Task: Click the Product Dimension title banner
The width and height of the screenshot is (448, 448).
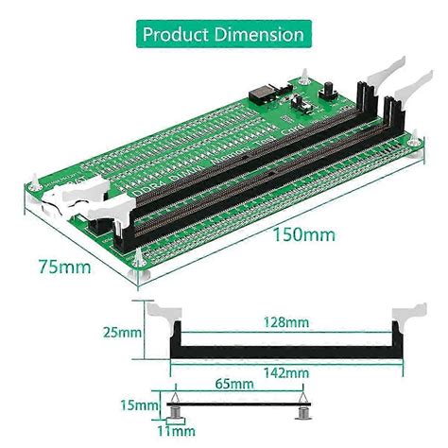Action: pyautogui.click(x=223, y=34)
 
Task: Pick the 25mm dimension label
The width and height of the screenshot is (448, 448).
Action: pyautogui.click(x=124, y=333)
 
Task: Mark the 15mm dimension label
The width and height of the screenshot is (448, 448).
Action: pyautogui.click(x=140, y=405)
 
